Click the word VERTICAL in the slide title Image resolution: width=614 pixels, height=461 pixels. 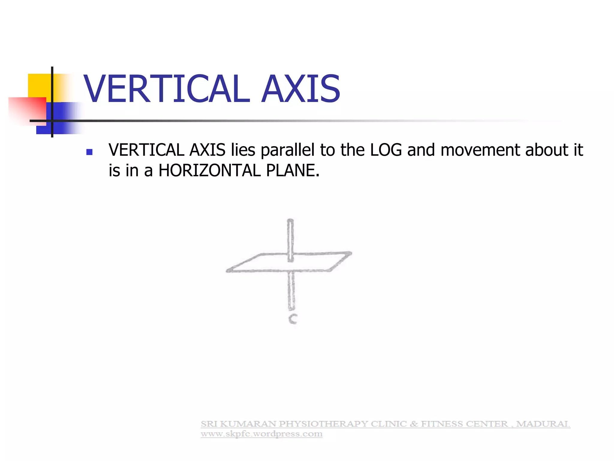(x=166, y=89)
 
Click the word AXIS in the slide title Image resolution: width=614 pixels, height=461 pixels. (x=301, y=89)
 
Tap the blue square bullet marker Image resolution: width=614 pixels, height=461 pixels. (x=89, y=152)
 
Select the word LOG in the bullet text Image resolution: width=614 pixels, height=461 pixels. (x=386, y=150)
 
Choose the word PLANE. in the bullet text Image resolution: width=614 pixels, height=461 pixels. (x=293, y=170)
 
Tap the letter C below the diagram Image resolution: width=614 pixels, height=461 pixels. (x=293, y=319)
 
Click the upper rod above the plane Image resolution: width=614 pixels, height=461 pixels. (x=290, y=237)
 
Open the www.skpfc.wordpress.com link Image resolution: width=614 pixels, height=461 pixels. (x=261, y=434)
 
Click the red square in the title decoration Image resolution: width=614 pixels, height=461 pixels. (x=27, y=110)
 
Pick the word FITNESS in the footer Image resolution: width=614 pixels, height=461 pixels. (x=442, y=424)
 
